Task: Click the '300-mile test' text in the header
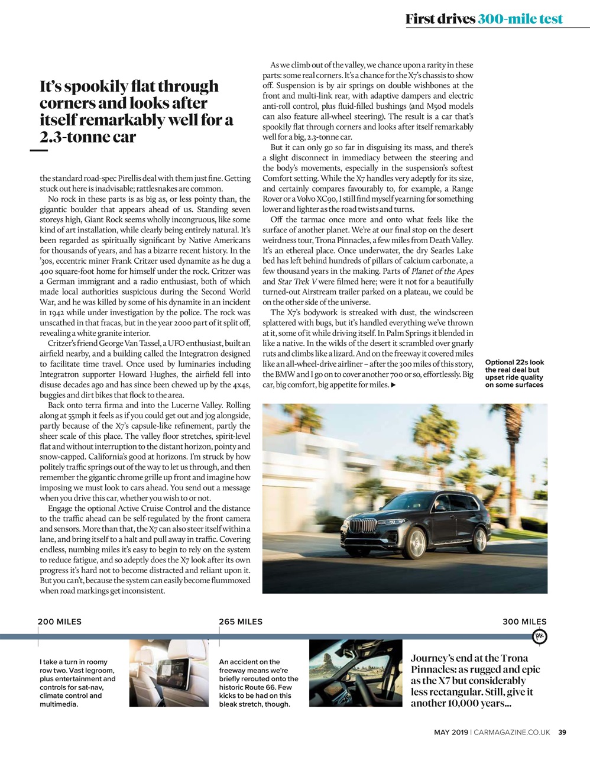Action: (x=520, y=19)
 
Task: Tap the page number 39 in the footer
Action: (x=562, y=733)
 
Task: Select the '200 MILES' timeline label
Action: (x=60, y=622)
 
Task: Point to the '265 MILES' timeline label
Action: (x=241, y=622)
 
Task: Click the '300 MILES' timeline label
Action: (x=524, y=622)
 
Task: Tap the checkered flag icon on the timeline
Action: (x=540, y=636)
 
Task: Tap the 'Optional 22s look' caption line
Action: (x=514, y=363)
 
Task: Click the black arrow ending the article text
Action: (x=394, y=386)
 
